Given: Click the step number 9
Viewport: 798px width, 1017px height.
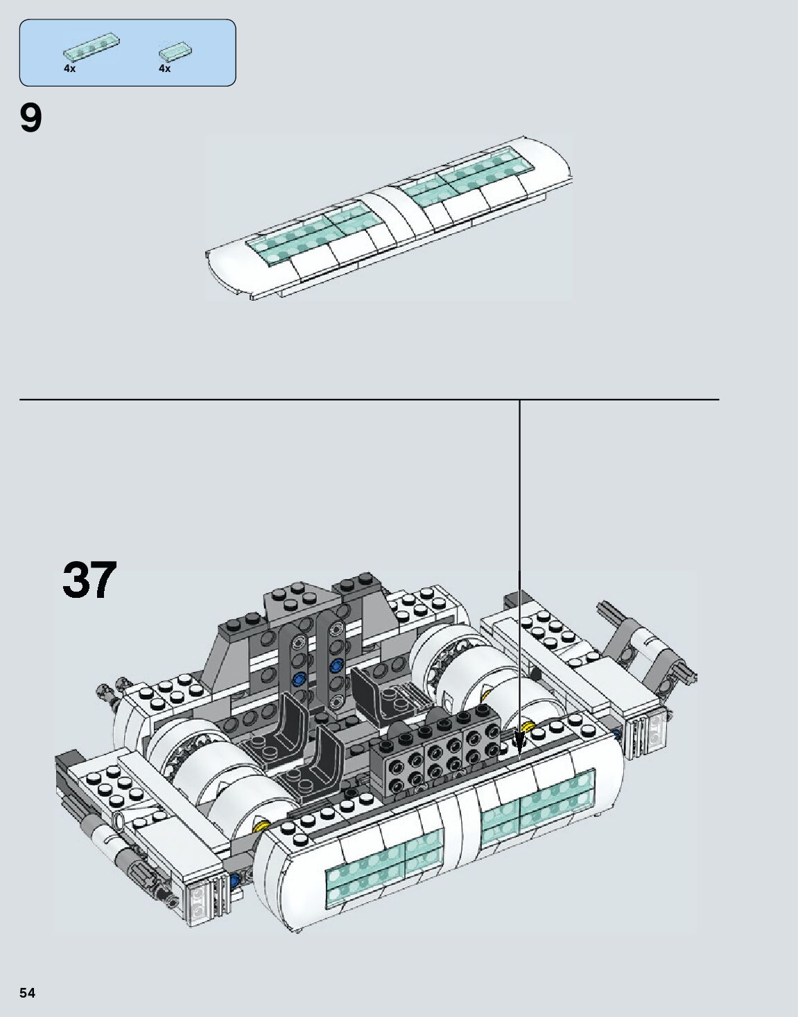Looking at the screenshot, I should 31,119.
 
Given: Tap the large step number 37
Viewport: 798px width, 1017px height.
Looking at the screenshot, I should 90,580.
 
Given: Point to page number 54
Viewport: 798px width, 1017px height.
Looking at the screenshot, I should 28,993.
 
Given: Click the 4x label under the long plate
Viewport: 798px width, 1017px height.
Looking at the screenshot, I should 69,69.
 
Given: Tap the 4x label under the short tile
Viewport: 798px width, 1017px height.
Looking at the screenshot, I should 164,69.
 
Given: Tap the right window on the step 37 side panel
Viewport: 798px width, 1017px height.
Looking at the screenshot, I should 538,806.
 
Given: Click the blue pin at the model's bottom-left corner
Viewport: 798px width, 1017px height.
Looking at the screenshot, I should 234,881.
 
